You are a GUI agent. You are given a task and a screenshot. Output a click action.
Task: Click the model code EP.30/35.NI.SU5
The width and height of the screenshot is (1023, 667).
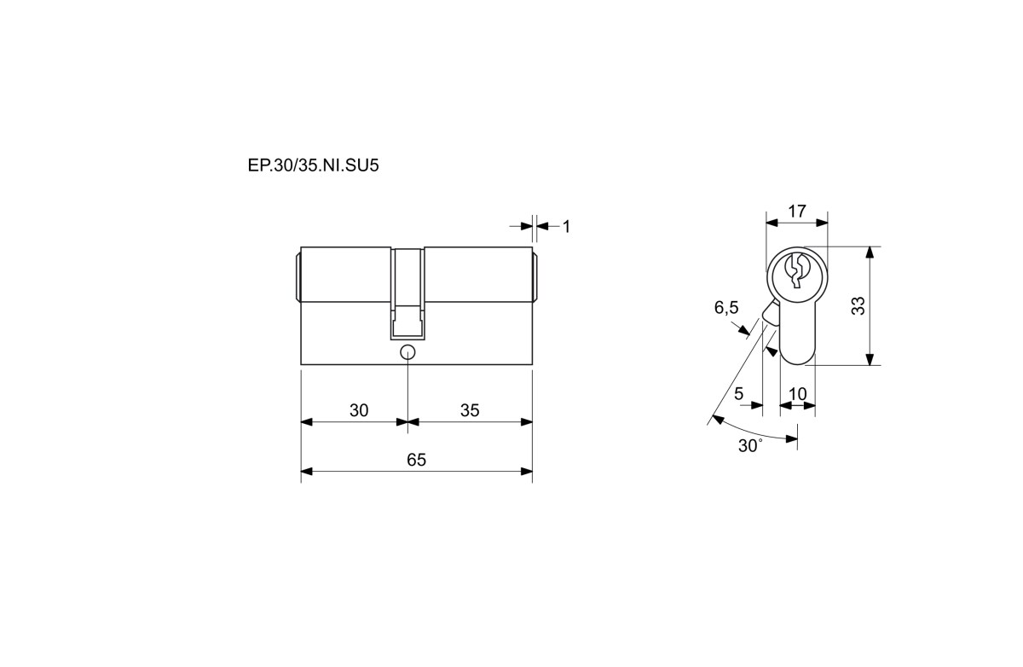314,165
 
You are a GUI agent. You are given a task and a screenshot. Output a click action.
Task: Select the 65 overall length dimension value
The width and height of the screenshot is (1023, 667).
417,460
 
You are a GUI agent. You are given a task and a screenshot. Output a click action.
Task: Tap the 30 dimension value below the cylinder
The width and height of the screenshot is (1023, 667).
359,410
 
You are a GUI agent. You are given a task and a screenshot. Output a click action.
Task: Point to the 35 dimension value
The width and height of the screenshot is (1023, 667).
470,410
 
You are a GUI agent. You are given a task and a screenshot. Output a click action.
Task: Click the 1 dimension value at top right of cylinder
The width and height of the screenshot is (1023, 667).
566,227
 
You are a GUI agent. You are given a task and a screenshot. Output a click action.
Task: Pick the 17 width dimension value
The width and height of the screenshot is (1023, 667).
797,211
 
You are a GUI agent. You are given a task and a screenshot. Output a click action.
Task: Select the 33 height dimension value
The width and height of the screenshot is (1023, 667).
858,305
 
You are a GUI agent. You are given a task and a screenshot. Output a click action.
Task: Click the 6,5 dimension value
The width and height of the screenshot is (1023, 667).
726,307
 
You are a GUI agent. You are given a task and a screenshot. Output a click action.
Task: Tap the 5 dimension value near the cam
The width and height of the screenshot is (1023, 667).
739,393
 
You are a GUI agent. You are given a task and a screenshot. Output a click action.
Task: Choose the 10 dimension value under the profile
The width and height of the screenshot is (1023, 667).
798,393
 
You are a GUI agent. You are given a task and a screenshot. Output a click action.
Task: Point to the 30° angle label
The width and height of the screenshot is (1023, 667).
750,445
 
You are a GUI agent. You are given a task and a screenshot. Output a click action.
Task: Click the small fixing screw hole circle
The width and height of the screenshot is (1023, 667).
407,352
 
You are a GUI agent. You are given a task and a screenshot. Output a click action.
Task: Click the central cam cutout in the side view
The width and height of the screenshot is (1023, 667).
407,293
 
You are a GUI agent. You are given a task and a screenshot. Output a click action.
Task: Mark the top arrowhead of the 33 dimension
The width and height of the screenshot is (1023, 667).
870,252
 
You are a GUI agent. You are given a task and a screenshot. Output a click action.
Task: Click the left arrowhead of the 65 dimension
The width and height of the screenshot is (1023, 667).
306,471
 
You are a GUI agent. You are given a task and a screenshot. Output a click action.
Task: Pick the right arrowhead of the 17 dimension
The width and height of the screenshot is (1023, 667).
822,223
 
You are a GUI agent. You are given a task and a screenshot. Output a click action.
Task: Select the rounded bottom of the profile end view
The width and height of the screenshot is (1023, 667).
797,361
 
